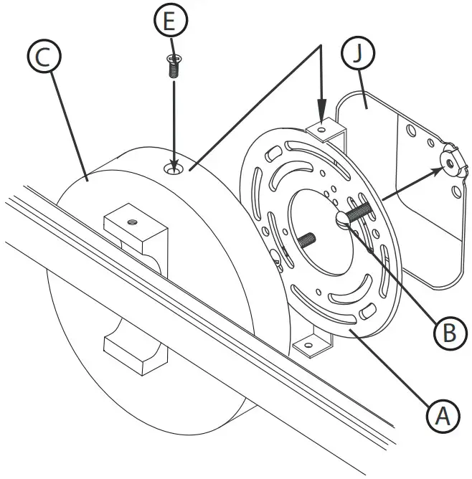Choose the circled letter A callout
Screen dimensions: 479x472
(443, 414)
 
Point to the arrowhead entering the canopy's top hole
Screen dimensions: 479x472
(173, 163)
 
